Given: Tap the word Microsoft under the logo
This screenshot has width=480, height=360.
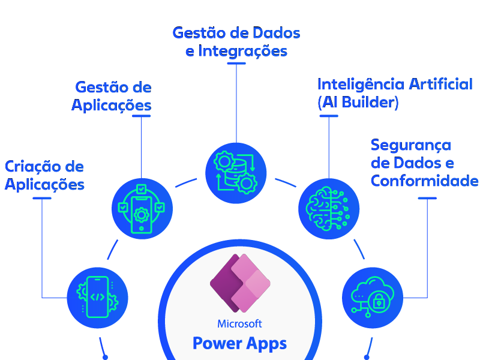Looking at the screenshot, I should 240,324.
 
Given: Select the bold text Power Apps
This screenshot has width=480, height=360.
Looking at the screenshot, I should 240,344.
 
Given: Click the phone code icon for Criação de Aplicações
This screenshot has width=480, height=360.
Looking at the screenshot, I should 98,296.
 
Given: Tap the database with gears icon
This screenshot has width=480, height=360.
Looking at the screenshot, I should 236,172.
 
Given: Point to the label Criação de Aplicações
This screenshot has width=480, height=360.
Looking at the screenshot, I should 44,175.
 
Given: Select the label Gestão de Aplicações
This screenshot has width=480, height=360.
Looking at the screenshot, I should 112,97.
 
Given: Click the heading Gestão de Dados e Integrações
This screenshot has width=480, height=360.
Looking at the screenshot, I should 236,42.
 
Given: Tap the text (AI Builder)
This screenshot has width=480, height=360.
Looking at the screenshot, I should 358,103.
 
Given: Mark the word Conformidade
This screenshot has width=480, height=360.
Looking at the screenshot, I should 424,181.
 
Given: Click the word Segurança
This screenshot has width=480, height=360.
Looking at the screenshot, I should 410,145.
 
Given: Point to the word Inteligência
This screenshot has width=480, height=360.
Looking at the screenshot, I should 360,84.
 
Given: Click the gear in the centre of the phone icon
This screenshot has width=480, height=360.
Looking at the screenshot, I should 142,212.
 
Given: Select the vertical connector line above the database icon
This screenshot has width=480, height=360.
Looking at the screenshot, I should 236,102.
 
